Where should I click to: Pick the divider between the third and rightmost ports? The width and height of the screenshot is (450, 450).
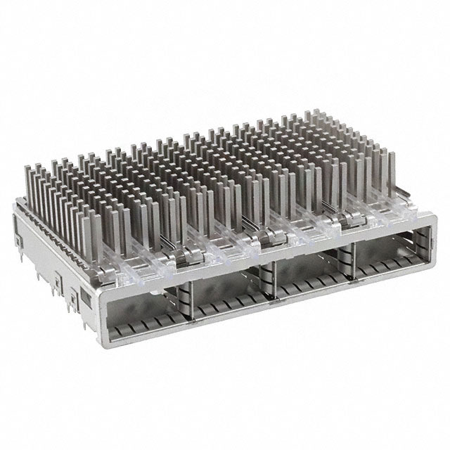[x=349, y=264]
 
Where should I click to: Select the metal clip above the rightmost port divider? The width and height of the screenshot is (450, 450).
[x=345, y=224]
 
